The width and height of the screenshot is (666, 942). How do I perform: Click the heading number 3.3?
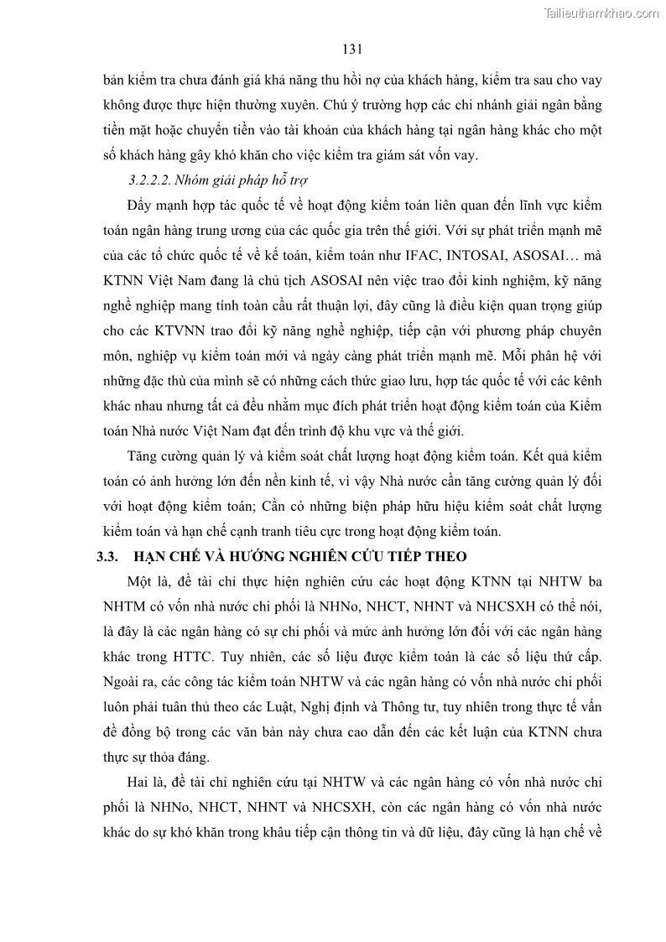pos(112,556)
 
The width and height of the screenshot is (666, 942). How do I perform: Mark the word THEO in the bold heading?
pos(444,556)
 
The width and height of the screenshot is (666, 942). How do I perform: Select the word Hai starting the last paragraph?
pos(139,783)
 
